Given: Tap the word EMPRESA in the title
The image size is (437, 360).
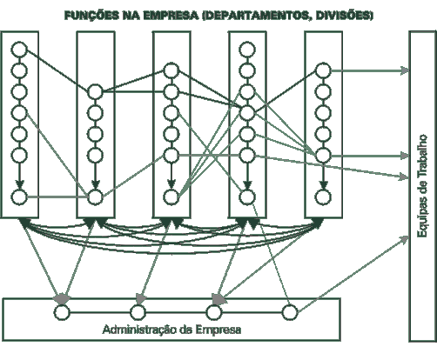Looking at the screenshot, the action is point(171,16).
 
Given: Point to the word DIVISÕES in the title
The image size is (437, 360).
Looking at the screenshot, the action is point(344,16).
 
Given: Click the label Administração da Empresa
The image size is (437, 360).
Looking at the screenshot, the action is point(171,330).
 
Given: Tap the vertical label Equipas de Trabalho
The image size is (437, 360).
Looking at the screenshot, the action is point(422,186).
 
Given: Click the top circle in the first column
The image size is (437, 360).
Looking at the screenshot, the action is point(19,50).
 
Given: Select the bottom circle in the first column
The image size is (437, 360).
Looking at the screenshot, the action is point(19,197).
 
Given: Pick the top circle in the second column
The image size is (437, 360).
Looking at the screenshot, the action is point(95,92).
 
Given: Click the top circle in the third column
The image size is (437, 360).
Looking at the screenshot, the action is point(171,70).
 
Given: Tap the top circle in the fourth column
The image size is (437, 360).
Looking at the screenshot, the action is point(247,50).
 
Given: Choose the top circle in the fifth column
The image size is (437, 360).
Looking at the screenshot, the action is point(323,70).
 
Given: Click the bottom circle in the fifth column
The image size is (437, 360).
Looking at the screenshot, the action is point(323,197).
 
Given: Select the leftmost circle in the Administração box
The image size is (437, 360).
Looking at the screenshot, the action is point(62,312).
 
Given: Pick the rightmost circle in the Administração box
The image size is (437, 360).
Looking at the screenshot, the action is point(290,312).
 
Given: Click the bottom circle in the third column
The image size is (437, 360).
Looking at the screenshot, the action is point(171,197).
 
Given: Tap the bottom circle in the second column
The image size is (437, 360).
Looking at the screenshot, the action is point(95,197).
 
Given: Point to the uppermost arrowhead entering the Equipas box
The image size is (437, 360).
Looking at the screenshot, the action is point(405,70).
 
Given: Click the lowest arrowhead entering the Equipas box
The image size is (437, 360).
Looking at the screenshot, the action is point(404,239).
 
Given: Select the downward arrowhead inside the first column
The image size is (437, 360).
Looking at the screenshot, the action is point(19,184).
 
